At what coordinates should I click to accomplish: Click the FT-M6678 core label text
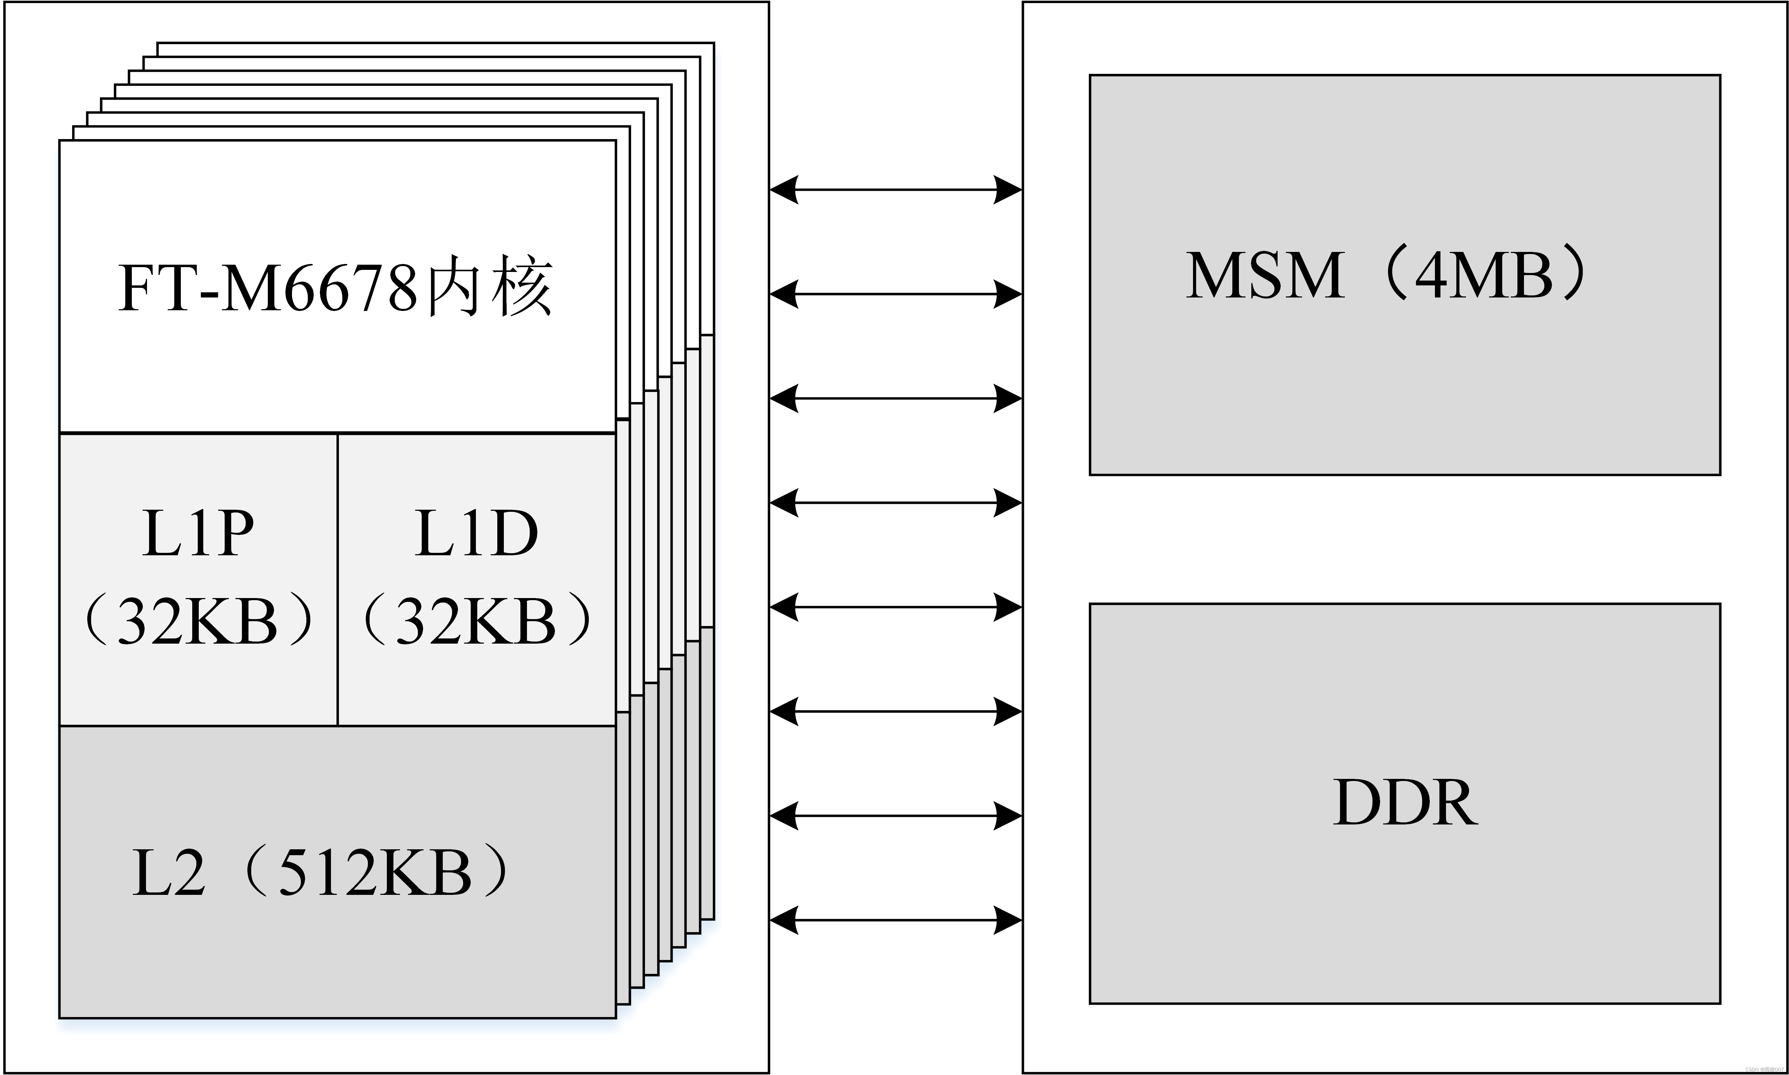coord(335,288)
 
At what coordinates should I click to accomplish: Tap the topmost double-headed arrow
coord(895,190)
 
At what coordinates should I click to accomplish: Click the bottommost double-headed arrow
coord(895,920)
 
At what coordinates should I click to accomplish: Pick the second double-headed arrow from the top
coord(895,294)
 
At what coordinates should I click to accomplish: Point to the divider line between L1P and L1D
coord(338,579)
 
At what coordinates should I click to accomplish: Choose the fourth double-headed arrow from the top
coord(895,503)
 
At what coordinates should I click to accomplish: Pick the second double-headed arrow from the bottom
coord(895,816)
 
